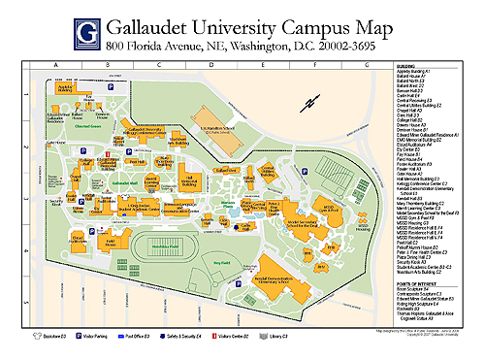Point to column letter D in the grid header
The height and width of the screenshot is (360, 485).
[210, 65]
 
